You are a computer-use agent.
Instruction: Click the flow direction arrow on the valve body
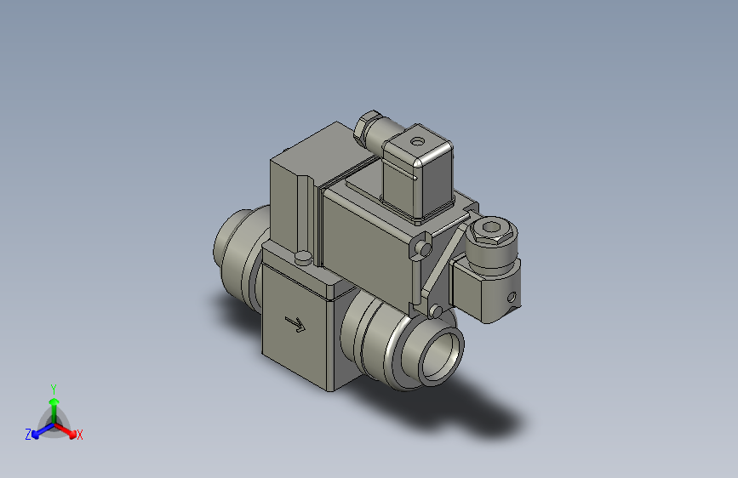click(x=295, y=324)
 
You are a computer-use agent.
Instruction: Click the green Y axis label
click(x=54, y=387)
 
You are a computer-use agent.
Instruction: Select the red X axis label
click(x=80, y=435)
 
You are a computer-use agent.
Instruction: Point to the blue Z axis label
click(x=28, y=435)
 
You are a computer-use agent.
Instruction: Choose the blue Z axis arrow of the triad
click(x=39, y=430)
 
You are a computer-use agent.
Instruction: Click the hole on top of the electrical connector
click(x=417, y=138)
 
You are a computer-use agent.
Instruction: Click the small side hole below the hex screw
click(x=511, y=298)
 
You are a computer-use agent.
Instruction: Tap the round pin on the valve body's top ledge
click(x=302, y=257)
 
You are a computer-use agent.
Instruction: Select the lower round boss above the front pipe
click(x=437, y=311)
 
